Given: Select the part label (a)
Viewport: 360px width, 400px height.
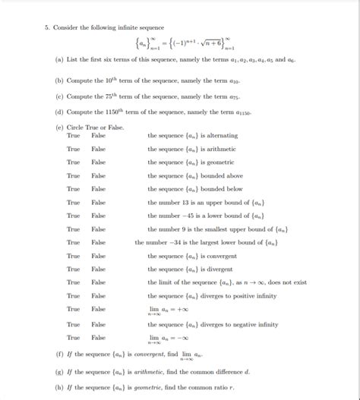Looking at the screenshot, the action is pos(59,58).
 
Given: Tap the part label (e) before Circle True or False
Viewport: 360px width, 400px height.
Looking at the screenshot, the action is pos(59,127).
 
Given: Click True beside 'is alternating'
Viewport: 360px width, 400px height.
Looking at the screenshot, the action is pos(73,135).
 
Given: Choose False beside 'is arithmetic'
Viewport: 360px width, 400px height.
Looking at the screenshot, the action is pos(99,149).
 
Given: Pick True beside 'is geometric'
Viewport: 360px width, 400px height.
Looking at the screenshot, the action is pos(73,162).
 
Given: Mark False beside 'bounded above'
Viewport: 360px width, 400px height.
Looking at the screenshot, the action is pos(99,175).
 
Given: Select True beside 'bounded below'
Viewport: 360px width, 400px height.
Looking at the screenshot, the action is pos(73,188).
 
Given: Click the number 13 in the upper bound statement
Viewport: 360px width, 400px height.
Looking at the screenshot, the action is pos(191,202).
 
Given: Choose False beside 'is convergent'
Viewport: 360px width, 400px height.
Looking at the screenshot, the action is pos(99,256).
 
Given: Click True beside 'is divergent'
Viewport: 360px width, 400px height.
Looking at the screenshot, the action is pos(73,269).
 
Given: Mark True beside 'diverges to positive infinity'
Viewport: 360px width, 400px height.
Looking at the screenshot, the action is pos(73,296).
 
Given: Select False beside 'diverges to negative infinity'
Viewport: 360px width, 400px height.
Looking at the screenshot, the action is pos(99,323).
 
